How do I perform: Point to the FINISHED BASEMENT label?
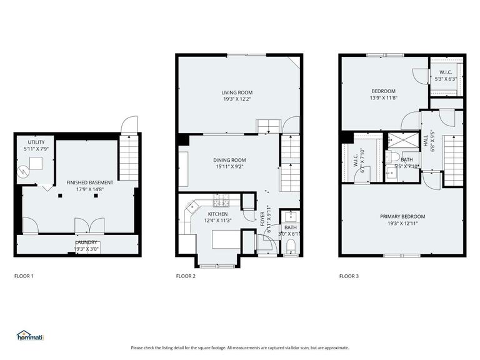click(x=90, y=182)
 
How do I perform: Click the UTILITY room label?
click(x=27, y=142)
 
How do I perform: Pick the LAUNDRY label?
click(x=86, y=242)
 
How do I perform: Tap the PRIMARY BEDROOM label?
click(x=402, y=216)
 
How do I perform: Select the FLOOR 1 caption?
click(x=24, y=275)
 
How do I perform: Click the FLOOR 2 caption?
click(x=186, y=275)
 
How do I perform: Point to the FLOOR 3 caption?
click(x=349, y=275)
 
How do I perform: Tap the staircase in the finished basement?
click(x=128, y=159)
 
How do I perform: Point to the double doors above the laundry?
click(x=85, y=226)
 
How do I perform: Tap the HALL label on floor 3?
click(x=426, y=142)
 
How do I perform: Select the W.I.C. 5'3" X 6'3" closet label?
click(x=446, y=76)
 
